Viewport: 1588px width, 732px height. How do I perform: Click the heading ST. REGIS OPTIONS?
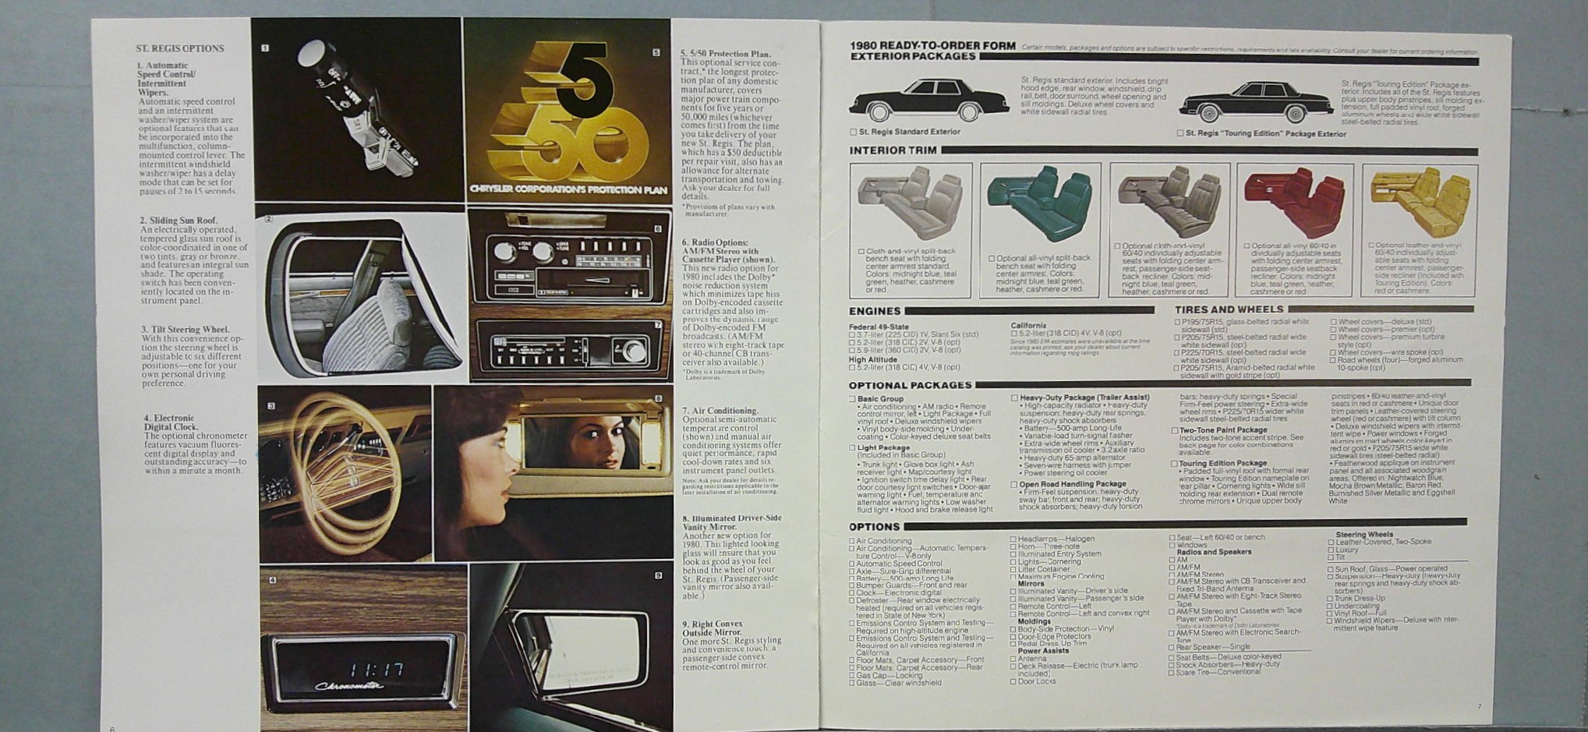pos(179,48)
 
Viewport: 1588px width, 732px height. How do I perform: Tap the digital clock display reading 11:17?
pos(377,669)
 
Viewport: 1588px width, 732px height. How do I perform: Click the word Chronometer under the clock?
pos(349,687)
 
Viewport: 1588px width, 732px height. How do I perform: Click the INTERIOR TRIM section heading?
pos(893,150)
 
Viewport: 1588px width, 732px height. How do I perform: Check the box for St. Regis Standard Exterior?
pos(853,133)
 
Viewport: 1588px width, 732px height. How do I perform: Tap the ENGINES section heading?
pos(874,311)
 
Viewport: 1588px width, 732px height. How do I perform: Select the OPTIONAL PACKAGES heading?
pos(910,385)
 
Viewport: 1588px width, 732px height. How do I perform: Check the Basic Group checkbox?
pos(853,399)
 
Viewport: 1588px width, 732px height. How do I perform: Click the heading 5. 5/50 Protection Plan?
pos(725,54)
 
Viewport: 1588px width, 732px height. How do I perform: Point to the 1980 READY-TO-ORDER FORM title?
pos(932,46)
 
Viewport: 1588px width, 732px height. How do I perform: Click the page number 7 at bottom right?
pos(1479,706)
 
